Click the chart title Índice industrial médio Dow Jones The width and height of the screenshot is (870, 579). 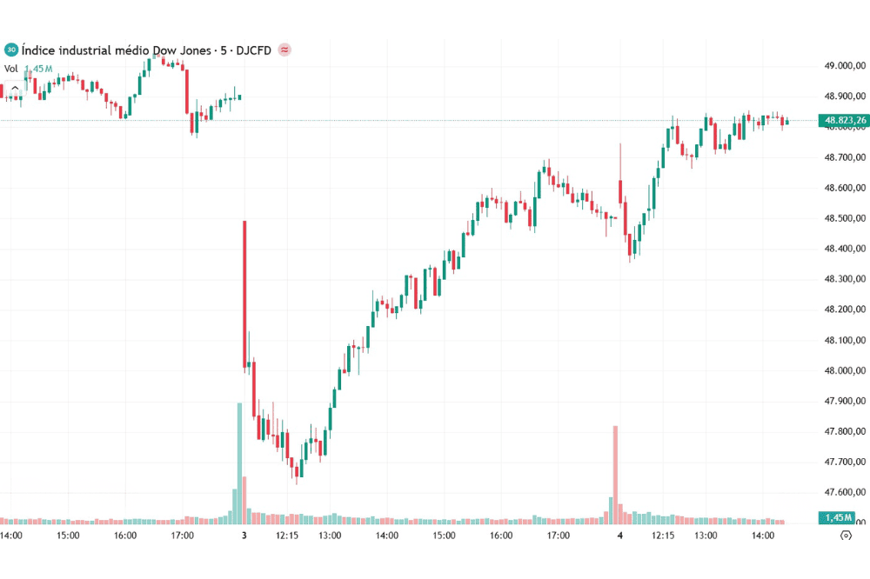(x=117, y=50)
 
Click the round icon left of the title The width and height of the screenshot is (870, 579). (x=11, y=50)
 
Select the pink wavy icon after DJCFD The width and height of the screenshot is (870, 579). (x=284, y=50)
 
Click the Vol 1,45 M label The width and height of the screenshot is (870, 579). (x=30, y=69)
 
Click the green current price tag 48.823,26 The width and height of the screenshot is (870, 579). (x=842, y=120)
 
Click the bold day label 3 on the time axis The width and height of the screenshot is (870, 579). (x=244, y=536)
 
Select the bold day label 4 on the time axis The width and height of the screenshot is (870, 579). (x=619, y=536)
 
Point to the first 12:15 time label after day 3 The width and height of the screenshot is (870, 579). (x=287, y=536)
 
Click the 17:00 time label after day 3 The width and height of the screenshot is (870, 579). (x=558, y=536)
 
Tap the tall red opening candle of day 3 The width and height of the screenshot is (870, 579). (x=244, y=296)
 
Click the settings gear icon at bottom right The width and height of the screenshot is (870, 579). (x=845, y=536)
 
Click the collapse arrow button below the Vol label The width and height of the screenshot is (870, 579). (x=15, y=88)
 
